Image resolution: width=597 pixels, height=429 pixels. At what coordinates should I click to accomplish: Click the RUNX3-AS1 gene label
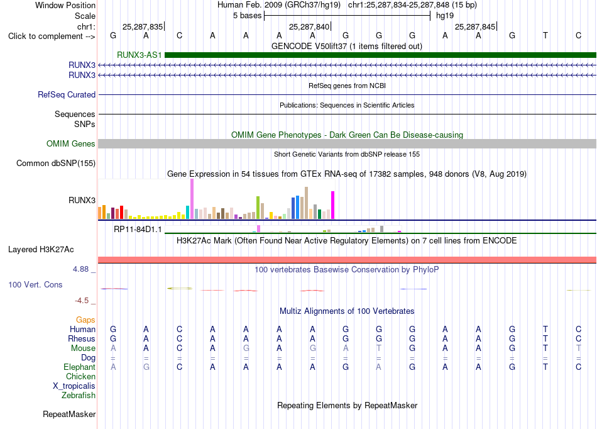[140, 55]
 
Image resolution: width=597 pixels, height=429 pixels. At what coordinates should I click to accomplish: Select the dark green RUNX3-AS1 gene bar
[380, 55]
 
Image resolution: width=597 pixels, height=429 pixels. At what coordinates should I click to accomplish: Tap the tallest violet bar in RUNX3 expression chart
[192, 199]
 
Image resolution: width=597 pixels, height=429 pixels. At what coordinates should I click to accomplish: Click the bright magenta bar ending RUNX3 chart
[333, 205]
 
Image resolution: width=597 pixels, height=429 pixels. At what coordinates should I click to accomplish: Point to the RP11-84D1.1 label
[138, 230]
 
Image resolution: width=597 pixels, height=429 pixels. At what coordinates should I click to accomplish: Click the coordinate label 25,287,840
[309, 26]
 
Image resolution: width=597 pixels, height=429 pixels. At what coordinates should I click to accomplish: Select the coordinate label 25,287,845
[475, 26]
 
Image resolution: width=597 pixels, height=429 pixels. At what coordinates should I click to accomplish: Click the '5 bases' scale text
[248, 16]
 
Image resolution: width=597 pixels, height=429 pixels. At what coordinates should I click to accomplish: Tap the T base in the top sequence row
[545, 35]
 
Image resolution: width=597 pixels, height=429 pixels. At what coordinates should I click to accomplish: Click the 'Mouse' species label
[83, 348]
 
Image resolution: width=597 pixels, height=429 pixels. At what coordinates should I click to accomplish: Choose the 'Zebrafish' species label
[79, 396]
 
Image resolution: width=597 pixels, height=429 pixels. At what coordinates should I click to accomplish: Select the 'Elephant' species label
[80, 367]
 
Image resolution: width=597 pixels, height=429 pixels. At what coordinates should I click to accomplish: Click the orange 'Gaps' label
[85, 320]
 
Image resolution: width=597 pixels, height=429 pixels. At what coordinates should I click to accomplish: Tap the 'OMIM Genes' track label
[71, 143]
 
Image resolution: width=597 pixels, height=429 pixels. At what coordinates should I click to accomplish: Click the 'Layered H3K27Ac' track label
[41, 250]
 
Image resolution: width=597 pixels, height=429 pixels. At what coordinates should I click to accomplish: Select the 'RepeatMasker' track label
[69, 414]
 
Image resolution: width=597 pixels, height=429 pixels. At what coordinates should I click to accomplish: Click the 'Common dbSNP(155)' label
[56, 164]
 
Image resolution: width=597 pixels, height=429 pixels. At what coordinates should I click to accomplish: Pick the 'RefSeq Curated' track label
[67, 94]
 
